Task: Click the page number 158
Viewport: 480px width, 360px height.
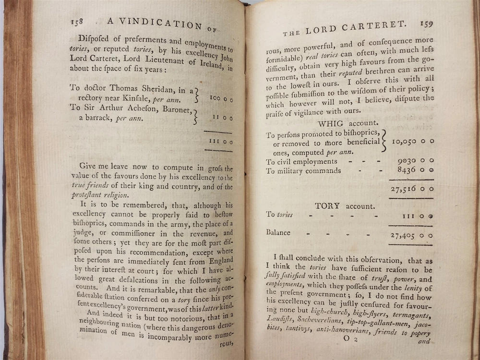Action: [77, 21]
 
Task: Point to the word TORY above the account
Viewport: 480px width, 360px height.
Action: [327, 206]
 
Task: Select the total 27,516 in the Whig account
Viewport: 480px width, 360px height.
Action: [404, 189]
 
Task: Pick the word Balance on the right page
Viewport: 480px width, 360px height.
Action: [278, 233]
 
